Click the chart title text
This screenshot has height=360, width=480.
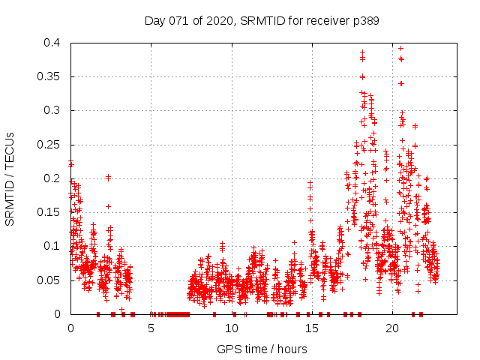pyautogui.click(x=262, y=21)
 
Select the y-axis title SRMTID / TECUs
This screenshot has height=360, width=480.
pyautogui.click(x=10, y=178)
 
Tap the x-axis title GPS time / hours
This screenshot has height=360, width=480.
pyautogui.click(x=262, y=349)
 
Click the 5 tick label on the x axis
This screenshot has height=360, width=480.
pyautogui.click(x=151, y=328)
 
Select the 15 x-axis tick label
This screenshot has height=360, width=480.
pyautogui.click(x=311, y=328)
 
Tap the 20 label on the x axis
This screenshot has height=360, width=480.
pyautogui.click(x=391, y=328)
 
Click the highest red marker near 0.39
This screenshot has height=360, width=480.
pyautogui.click(x=400, y=48)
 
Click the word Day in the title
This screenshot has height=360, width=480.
pyautogui.click(x=155, y=21)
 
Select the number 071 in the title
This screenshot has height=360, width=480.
pyautogui.click(x=178, y=21)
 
